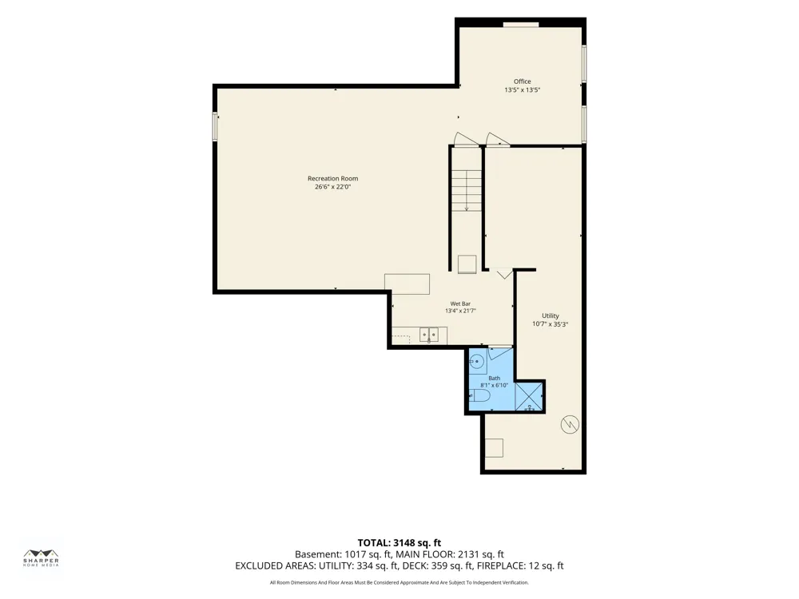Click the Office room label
point(522,81)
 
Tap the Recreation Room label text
point(332,178)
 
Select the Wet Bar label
point(460,303)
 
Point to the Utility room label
point(551,315)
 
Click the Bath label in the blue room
point(495,378)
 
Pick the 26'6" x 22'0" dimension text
point(332,187)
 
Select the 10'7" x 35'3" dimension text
point(551,324)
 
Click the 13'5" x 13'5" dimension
point(523,90)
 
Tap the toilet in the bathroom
point(479,396)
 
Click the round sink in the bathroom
point(477,362)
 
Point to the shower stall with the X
point(529,397)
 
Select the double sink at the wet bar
point(428,335)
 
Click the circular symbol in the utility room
point(570,424)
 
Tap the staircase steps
point(467,191)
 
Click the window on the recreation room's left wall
point(215,126)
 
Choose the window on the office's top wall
point(521,25)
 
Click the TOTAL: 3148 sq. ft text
point(399,543)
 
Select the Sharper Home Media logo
point(42,557)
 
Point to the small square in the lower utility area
point(494,448)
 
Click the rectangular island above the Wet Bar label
point(407,284)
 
